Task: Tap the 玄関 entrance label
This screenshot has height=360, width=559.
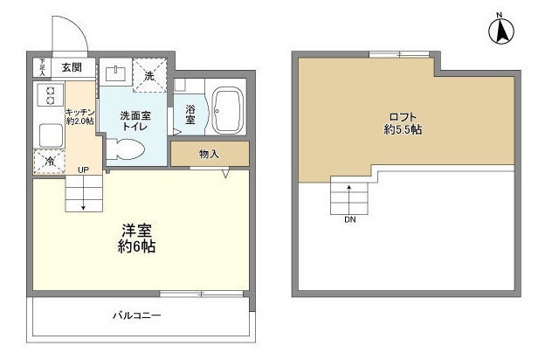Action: pyautogui.click(x=72, y=66)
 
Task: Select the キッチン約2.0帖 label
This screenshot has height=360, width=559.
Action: pyautogui.click(x=79, y=116)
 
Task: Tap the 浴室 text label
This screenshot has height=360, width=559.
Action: pyautogui.click(x=190, y=113)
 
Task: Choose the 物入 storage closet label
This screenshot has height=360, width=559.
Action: pyautogui.click(x=209, y=154)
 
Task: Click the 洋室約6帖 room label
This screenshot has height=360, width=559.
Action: pyautogui.click(x=138, y=239)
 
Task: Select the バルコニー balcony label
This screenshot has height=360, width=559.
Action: pyautogui.click(x=135, y=315)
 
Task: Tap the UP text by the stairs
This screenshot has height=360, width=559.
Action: pyautogui.click(x=83, y=170)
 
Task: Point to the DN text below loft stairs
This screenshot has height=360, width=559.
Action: pyautogui.click(x=349, y=219)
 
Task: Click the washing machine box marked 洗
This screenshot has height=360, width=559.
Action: pyautogui.click(x=149, y=76)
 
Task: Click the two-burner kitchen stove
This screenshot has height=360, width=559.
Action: pyautogui.click(x=49, y=96)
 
